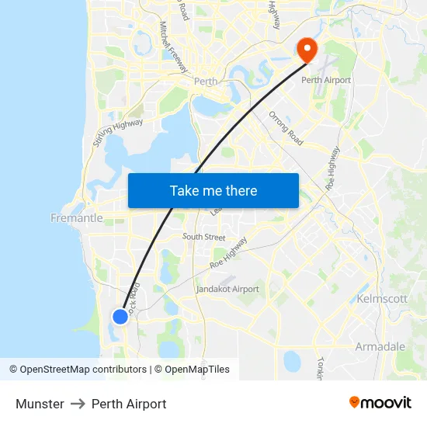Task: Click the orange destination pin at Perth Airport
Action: [307, 50]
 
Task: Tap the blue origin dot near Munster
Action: [120, 316]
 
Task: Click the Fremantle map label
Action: [76, 218]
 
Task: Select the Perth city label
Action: [206, 81]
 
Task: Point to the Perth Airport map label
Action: [326, 80]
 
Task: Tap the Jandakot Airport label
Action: [227, 289]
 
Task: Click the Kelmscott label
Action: [381, 299]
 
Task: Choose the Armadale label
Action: [380, 346]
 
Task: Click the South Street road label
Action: [203, 237]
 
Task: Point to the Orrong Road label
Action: [286, 128]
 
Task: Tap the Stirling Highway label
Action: [118, 132]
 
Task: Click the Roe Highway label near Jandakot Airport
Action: [229, 253]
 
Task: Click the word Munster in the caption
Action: [40, 404]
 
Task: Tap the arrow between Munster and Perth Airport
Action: [78, 404]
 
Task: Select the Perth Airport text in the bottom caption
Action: [129, 404]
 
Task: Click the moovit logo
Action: [380, 402]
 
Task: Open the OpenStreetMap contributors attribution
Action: [78, 370]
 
